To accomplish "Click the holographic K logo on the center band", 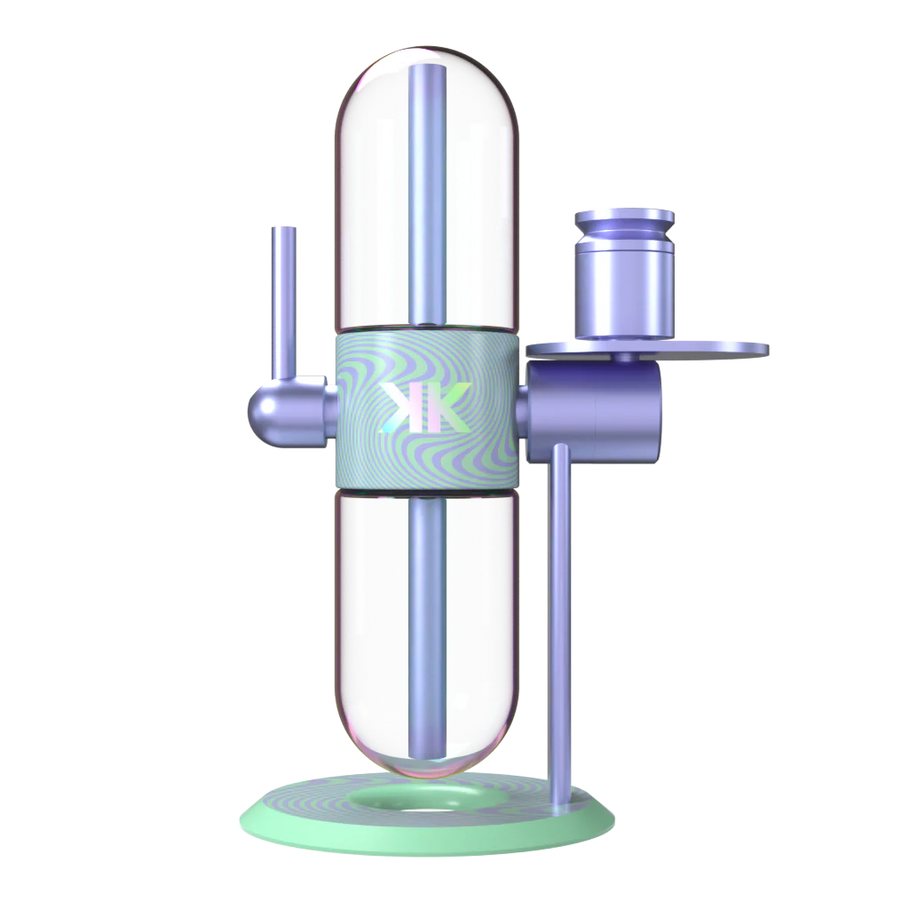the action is click(424, 407).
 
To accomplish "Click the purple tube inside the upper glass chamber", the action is click(428, 194).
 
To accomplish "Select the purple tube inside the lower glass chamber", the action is click(427, 629).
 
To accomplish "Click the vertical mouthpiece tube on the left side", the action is click(283, 302).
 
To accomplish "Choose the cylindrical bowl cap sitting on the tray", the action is click(624, 274).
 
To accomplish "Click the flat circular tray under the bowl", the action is click(647, 350).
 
